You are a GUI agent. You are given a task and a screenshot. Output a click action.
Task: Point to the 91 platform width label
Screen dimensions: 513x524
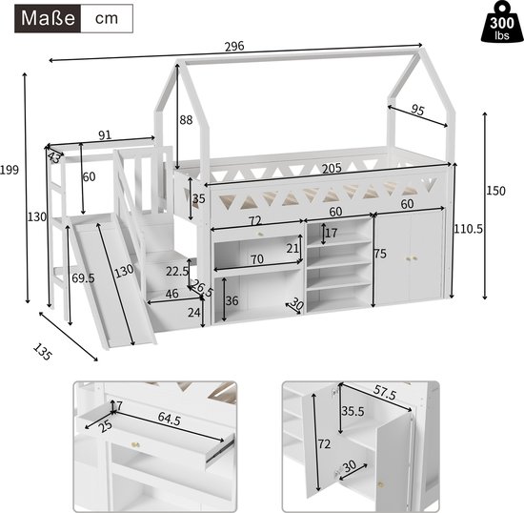point(106,134)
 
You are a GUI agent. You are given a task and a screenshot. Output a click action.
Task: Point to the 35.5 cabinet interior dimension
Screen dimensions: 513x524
point(353,413)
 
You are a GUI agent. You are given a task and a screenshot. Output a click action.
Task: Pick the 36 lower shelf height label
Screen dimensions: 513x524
point(231,300)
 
